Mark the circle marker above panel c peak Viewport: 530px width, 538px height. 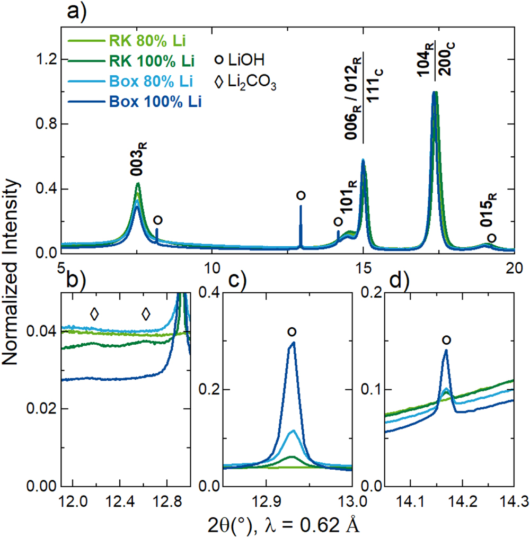(x=291, y=331)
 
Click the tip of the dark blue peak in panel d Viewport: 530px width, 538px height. (x=446, y=351)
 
